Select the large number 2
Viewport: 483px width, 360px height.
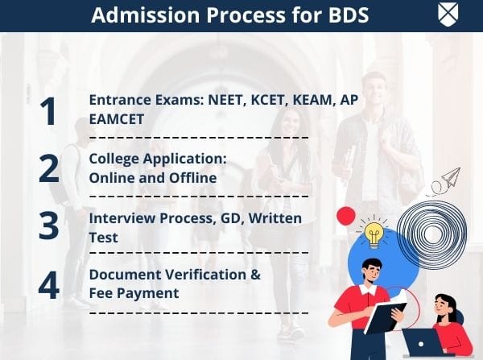pos(49,168)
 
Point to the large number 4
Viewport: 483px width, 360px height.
pos(49,284)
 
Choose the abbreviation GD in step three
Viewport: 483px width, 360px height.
pos(229,219)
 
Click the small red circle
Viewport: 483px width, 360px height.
pos(345,216)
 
